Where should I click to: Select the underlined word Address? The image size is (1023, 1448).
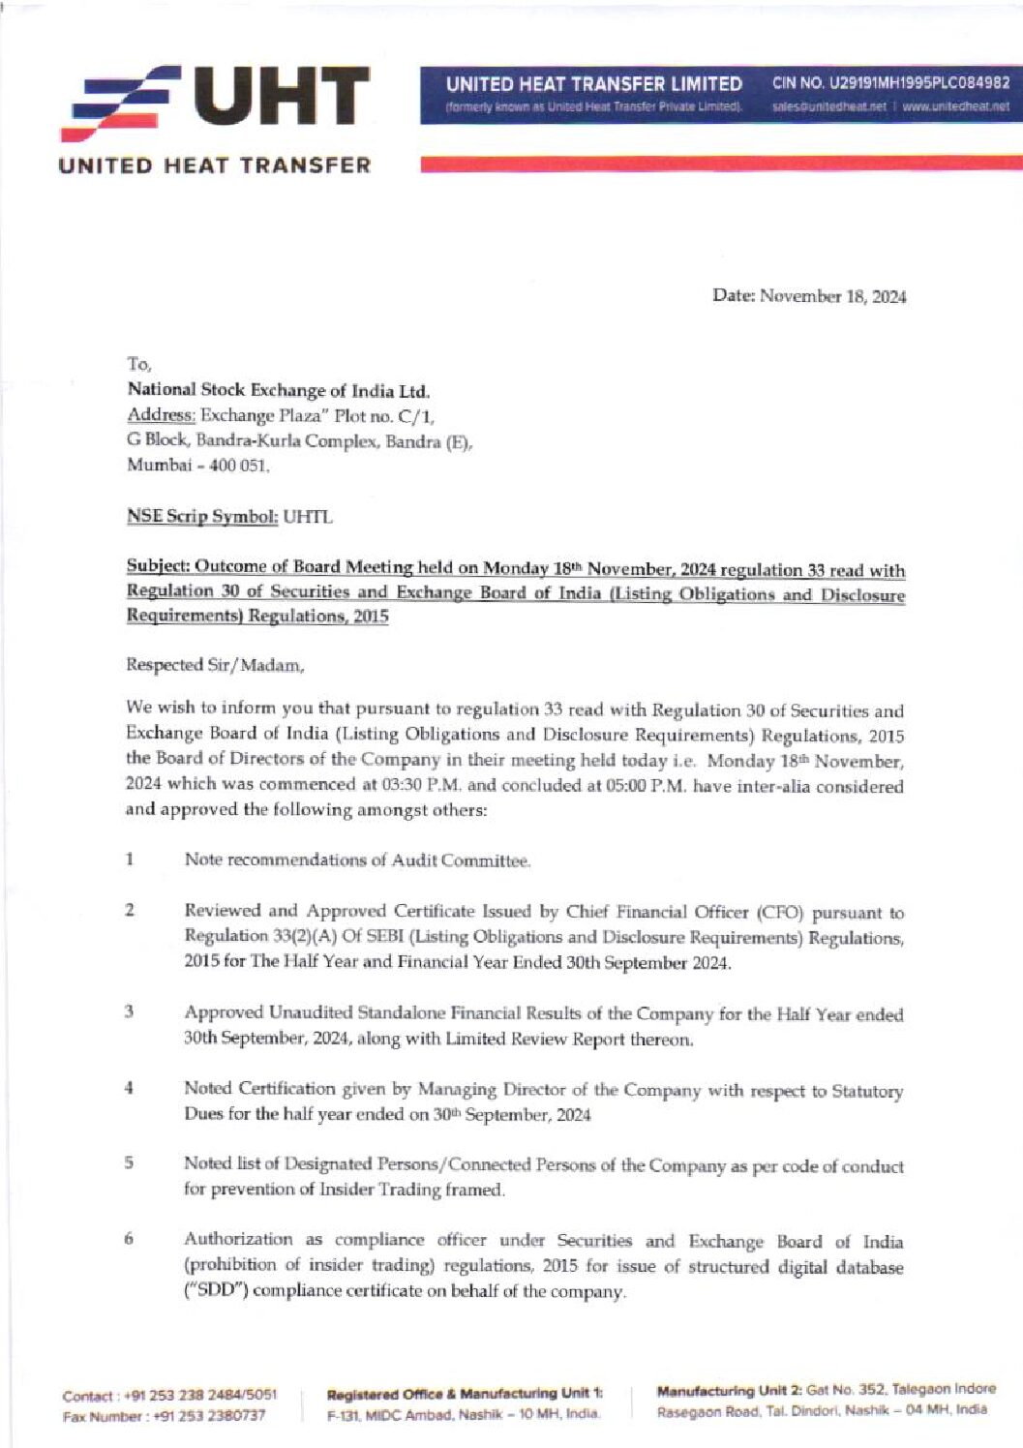161,416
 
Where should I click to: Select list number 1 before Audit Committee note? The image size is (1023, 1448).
129,859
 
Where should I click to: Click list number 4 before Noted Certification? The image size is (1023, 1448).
129,1087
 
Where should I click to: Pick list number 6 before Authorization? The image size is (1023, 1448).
129,1238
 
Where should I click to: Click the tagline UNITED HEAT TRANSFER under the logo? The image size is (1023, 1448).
215,165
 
